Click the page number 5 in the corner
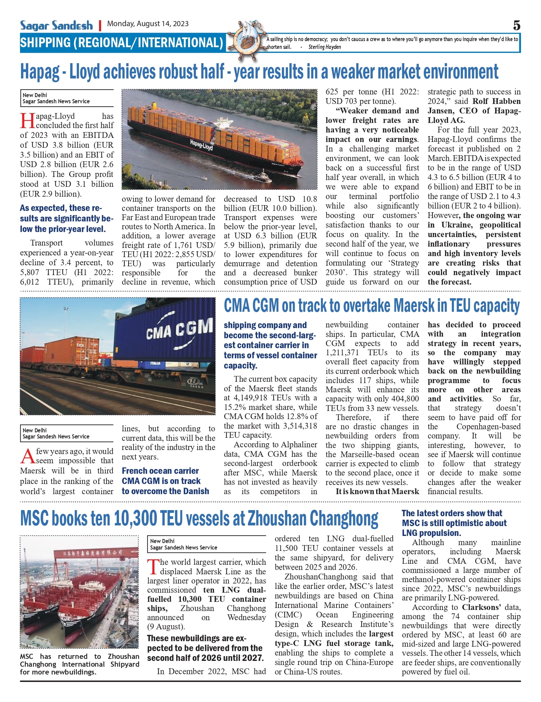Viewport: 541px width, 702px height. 516,25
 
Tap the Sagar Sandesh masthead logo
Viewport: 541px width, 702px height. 56,25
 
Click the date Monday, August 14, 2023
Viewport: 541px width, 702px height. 148,24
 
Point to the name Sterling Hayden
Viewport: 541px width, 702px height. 325,47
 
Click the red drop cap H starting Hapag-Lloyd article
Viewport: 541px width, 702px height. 27,121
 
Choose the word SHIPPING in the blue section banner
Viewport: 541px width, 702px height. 45,43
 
